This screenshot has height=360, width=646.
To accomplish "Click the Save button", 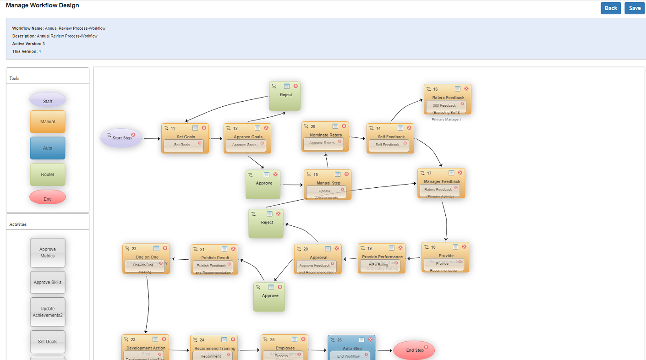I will (x=635, y=8).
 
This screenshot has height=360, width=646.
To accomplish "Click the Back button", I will (x=611, y=8).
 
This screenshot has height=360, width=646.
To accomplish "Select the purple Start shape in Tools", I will (x=48, y=100).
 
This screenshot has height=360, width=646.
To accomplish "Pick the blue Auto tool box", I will (x=48, y=148).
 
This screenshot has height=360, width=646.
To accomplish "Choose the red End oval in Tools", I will (x=48, y=197).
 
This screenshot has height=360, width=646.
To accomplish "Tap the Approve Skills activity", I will (x=48, y=282).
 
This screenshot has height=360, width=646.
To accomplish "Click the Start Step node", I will (x=121, y=138).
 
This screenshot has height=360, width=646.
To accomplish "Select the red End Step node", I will (x=414, y=350).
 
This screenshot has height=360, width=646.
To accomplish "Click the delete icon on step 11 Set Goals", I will (x=204, y=128).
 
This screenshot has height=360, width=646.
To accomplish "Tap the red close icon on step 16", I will (x=466, y=89).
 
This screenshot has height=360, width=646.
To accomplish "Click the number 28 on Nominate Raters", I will (x=313, y=126).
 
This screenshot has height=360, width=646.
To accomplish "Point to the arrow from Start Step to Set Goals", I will (x=153, y=138).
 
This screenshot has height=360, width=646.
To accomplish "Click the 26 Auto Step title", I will (x=352, y=349).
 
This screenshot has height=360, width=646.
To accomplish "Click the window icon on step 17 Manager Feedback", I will (x=451, y=173).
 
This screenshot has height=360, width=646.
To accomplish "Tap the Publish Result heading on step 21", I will (x=215, y=258).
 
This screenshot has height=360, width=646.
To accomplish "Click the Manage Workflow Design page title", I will (x=42, y=5).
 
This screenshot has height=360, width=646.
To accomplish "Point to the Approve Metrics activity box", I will (x=48, y=253).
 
